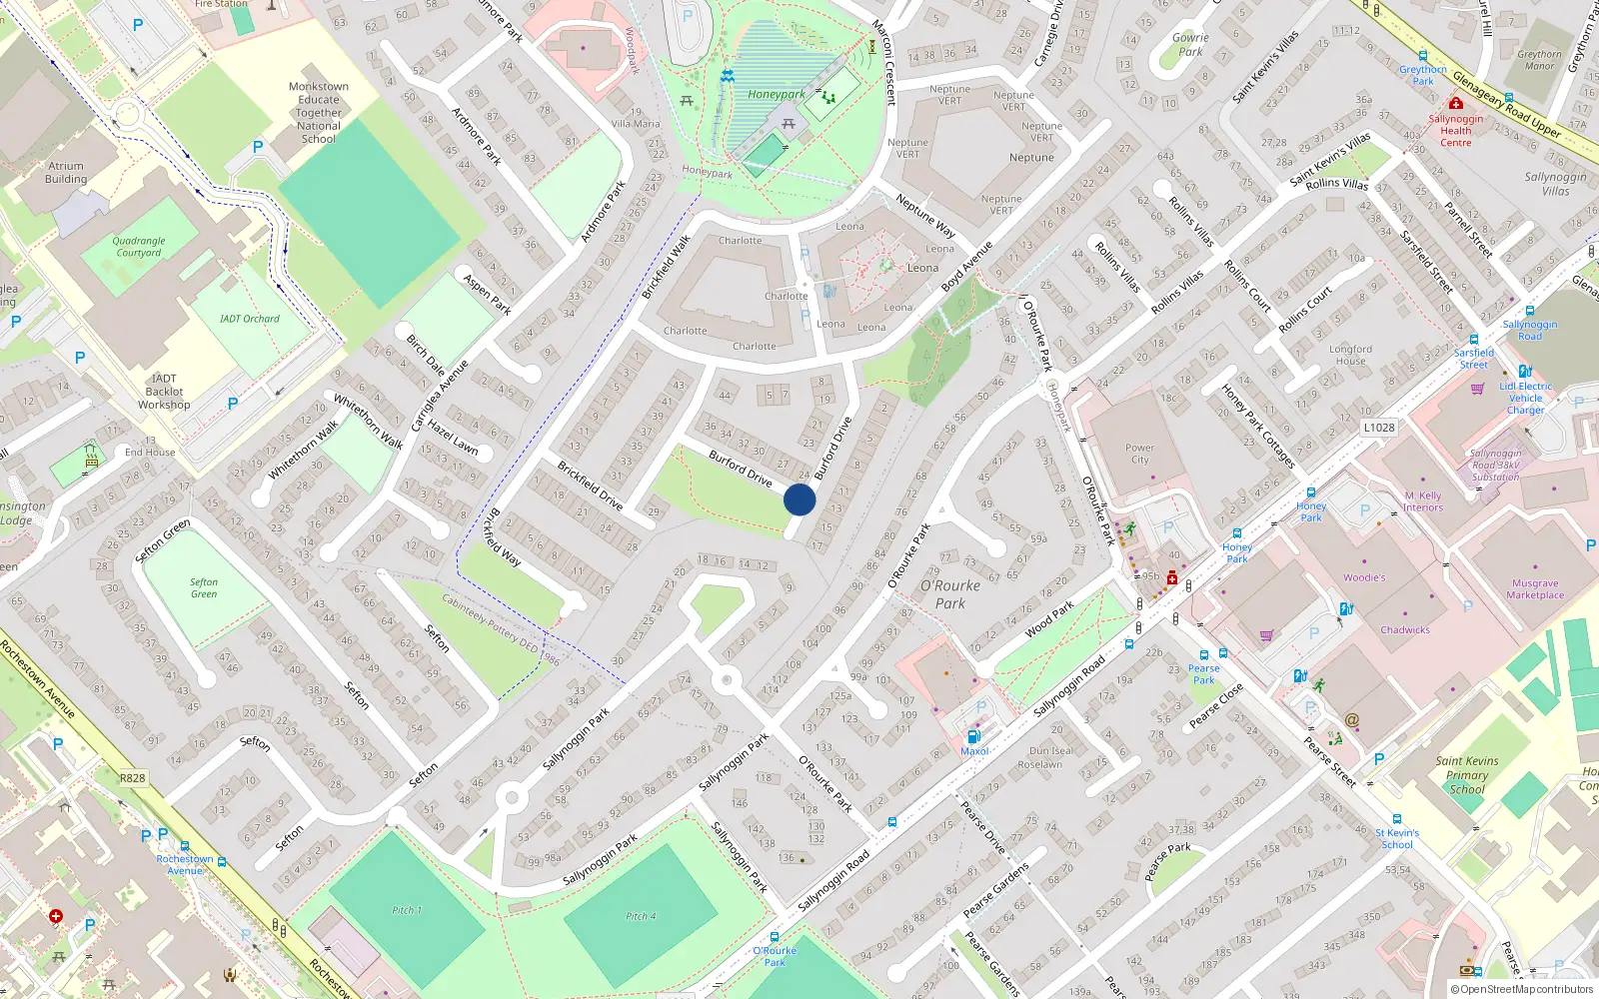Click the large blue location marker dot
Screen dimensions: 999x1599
pos(799,499)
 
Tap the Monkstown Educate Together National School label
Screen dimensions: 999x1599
pos(319,113)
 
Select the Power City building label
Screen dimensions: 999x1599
pos(1139,455)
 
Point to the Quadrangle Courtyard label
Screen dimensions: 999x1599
pos(139,247)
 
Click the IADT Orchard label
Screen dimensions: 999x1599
pos(250,319)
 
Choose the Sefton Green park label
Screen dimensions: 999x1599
pos(204,588)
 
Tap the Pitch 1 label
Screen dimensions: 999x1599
pos(407,910)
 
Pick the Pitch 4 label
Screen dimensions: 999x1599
pos(641,916)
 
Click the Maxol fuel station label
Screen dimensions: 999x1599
pos(974,751)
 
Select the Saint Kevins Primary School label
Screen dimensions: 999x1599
pos(1467,775)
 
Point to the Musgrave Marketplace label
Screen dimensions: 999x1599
pos(1535,589)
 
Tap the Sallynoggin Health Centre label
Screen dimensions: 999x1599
pos(1456,131)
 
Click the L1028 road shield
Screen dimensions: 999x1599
pos(1379,428)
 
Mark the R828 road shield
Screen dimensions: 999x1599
pos(132,778)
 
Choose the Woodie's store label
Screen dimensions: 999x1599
pos(1364,577)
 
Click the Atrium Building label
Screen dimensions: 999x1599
pos(66,173)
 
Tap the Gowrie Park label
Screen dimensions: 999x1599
pos(1190,45)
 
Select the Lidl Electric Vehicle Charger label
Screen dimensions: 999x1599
pos(1526,398)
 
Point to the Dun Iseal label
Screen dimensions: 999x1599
pos(1050,751)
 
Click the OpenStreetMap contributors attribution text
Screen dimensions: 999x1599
pos(1526,990)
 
